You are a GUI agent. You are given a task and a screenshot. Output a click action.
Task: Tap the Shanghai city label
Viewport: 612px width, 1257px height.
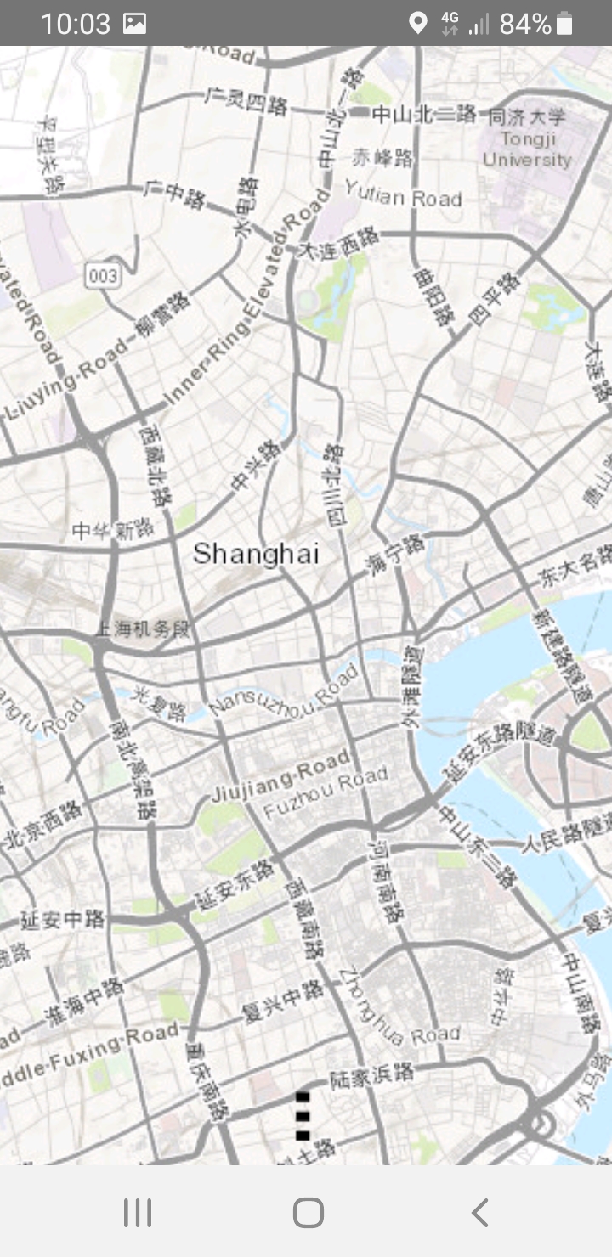point(256,555)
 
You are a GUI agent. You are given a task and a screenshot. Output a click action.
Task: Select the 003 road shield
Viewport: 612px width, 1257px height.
point(102,275)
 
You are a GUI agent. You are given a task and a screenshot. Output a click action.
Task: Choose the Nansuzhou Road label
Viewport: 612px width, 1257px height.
point(284,691)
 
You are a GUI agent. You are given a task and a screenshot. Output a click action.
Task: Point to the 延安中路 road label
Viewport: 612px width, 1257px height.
point(62,919)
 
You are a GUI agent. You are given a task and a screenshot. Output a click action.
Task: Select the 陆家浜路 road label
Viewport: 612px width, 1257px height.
point(372,1076)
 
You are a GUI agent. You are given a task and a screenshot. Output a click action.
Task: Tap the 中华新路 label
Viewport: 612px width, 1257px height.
point(113,531)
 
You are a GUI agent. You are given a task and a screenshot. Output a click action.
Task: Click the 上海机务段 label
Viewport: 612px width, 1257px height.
point(144,629)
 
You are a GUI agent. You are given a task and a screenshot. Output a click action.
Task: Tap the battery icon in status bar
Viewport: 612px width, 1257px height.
point(565,23)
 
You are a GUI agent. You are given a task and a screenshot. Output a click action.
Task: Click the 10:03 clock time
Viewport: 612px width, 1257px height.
point(75,24)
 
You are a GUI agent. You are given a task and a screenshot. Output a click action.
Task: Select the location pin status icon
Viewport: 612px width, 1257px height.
point(417,23)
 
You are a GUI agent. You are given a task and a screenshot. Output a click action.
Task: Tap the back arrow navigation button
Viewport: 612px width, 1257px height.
point(480,1212)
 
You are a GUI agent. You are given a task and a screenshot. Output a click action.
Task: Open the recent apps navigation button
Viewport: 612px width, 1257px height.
point(138,1212)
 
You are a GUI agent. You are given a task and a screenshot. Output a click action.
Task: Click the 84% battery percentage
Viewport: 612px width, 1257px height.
point(524,24)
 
